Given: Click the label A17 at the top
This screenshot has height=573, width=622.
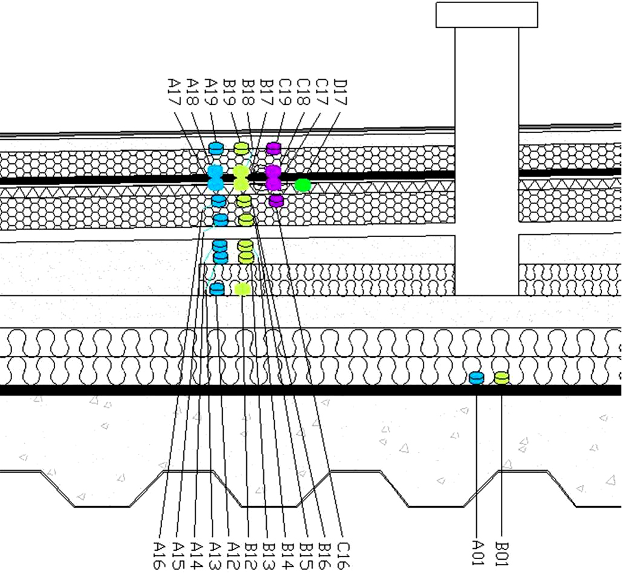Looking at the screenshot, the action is [x=174, y=92].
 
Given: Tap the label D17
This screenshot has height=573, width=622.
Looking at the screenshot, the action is [x=341, y=92].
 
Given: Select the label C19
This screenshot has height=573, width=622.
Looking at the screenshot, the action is [x=285, y=92].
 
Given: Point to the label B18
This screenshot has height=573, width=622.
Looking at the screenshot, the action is [x=248, y=92].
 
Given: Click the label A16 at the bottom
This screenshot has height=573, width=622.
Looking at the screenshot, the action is [x=159, y=555].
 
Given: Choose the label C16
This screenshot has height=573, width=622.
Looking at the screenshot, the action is [x=343, y=555].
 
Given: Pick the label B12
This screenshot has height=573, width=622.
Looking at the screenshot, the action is [x=251, y=555].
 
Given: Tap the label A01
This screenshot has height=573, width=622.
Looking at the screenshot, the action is [x=479, y=552].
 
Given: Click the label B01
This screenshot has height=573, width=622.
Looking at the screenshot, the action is [x=502, y=552].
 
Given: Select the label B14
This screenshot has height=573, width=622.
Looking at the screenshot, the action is [x=287, y=555].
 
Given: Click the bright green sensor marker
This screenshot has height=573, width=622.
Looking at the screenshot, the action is [x=303, y=185].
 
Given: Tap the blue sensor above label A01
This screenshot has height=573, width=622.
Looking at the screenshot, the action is [x=476, y=378].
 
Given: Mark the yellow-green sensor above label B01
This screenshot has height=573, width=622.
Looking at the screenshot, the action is [x=502, y=378].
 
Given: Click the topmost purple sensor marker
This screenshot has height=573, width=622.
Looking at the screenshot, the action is [x=273, y=148].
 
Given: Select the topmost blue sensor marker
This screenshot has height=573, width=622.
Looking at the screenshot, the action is [x=216, y=148].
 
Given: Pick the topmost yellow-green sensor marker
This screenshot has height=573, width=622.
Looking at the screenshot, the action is [x=241, y=148].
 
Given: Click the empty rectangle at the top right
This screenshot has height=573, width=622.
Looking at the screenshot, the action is [x=486, y=15].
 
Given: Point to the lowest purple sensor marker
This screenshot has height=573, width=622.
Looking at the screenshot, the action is [x=276, y=200].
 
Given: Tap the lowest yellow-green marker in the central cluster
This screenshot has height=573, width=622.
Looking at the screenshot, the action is [x=243, y=289].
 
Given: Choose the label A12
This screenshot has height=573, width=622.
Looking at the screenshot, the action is [x=233, y=555].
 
